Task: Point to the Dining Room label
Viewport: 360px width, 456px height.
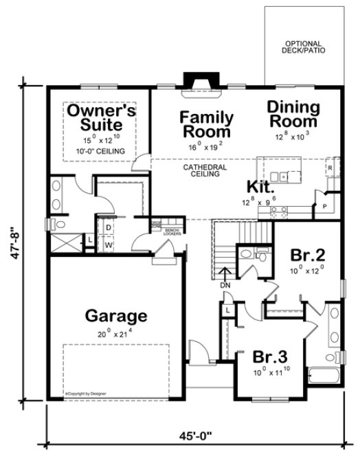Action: (x=293, y=114)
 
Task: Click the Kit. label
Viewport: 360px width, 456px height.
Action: (x=261, y=185)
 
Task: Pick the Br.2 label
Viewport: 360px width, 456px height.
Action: (x=306, y=253)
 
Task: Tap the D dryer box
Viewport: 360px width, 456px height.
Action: (x=109, y=227)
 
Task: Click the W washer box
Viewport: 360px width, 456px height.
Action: (x=109, y=243)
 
